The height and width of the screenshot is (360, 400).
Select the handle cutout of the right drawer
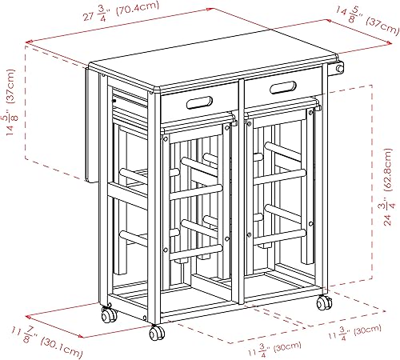284,87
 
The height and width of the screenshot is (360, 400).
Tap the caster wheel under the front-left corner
157,333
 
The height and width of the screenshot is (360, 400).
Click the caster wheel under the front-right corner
324,303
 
